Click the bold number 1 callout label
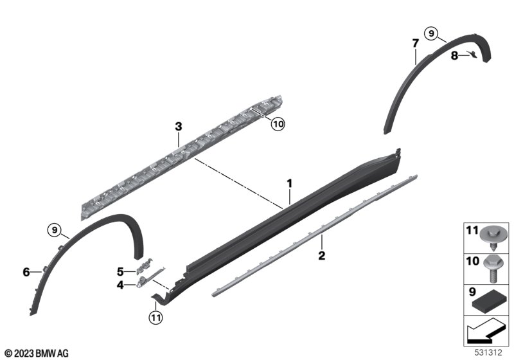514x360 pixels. click(x=290, y=184)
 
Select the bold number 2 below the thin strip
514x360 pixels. click(x=322, y=255)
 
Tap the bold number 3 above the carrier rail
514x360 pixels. click(x=179, y=126)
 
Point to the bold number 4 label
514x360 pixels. click(x=120, y=285)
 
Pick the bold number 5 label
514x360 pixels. click(x=120, y=272)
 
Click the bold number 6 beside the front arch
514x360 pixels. click(x=26, y=272)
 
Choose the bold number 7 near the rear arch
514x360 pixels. click(x=415, y=43)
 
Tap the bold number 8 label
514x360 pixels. click(x=454, y=56)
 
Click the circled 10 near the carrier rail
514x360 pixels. click(x=278, y=124)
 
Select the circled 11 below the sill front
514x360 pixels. click(x=155, y=318)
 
